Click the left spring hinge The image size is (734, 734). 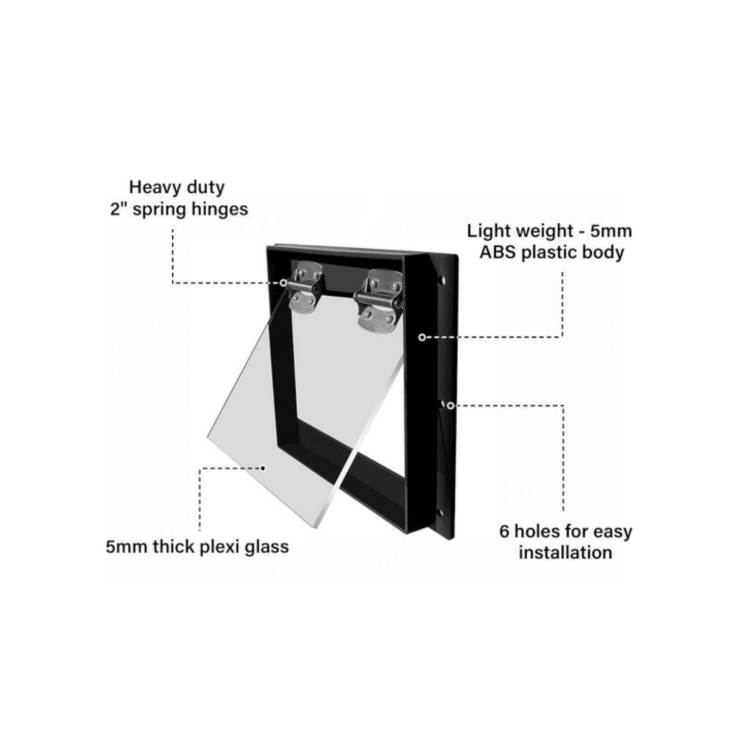pos(305,287)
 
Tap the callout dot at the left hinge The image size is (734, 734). pos(283,282)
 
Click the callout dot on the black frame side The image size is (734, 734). pos(422,337)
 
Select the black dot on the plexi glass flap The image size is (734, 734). pos(263,468)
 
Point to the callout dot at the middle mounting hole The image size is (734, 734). pos(450,405)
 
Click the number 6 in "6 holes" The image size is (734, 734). pos(504,531)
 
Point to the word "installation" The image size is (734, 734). pos(566,552)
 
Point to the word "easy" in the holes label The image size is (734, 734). pos(613,532)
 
